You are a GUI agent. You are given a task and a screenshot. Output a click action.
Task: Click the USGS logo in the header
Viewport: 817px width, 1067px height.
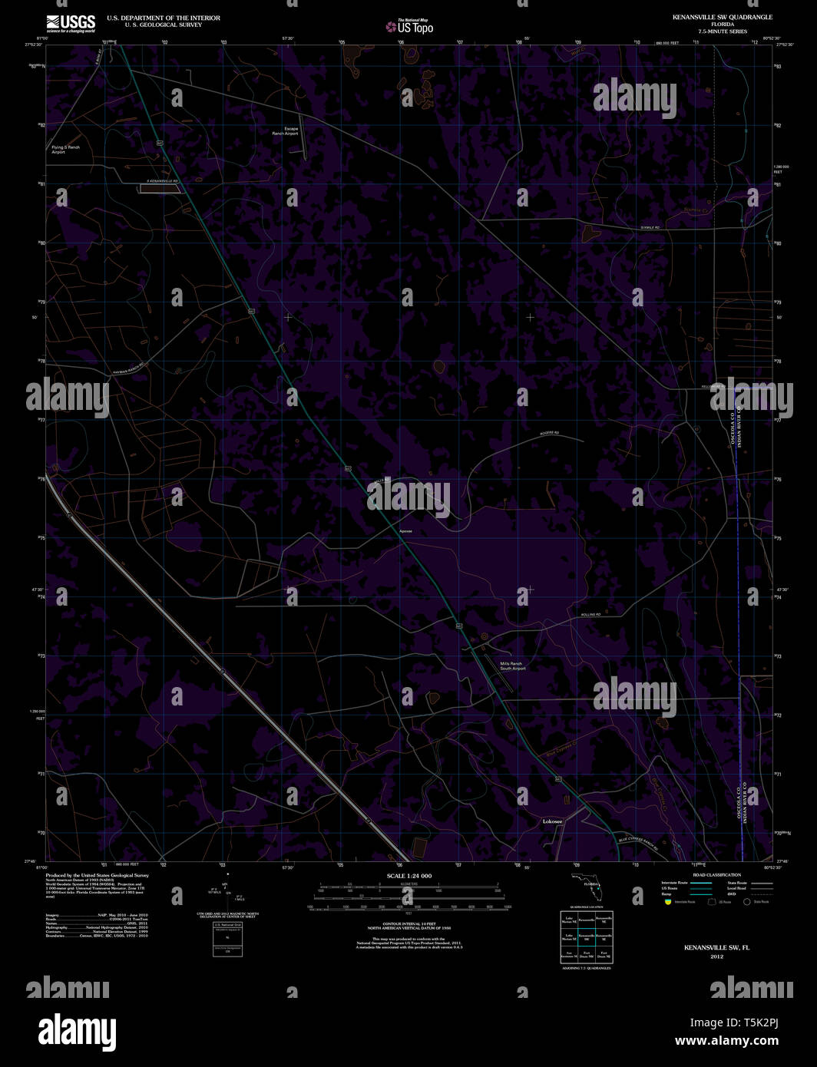point(71,21)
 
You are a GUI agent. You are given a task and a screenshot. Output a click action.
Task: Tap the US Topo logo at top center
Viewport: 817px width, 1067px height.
point(410,26)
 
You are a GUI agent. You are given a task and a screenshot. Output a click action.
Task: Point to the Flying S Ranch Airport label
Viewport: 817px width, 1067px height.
point(65,150)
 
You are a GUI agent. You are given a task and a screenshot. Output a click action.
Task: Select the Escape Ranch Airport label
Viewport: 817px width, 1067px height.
point(285,131)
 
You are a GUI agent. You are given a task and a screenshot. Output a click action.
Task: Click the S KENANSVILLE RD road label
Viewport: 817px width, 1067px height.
point(162,181)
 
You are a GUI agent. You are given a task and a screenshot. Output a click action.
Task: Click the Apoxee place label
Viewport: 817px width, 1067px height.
point(405,531)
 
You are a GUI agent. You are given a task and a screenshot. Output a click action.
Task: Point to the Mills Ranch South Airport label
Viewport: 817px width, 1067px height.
point(512,666)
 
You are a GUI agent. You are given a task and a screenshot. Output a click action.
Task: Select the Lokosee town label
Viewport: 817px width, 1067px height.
point(552,821)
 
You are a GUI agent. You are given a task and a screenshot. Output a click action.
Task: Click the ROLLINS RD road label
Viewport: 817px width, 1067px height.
point(590,615)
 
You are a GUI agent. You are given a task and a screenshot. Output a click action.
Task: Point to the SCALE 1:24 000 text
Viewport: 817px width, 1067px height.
point(409,876)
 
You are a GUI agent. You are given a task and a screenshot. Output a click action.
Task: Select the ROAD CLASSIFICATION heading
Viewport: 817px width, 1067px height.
point(716,875)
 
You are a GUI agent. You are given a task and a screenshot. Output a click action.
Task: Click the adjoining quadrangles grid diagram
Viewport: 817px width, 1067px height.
point(586,937)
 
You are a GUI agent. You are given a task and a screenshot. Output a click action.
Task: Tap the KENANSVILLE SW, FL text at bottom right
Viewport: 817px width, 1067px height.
point(716,948)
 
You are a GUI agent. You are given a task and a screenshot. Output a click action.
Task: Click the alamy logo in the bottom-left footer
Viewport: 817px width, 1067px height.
point(77,1029)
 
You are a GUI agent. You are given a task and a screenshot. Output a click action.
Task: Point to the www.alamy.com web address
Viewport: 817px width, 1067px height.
point(726,1041)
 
